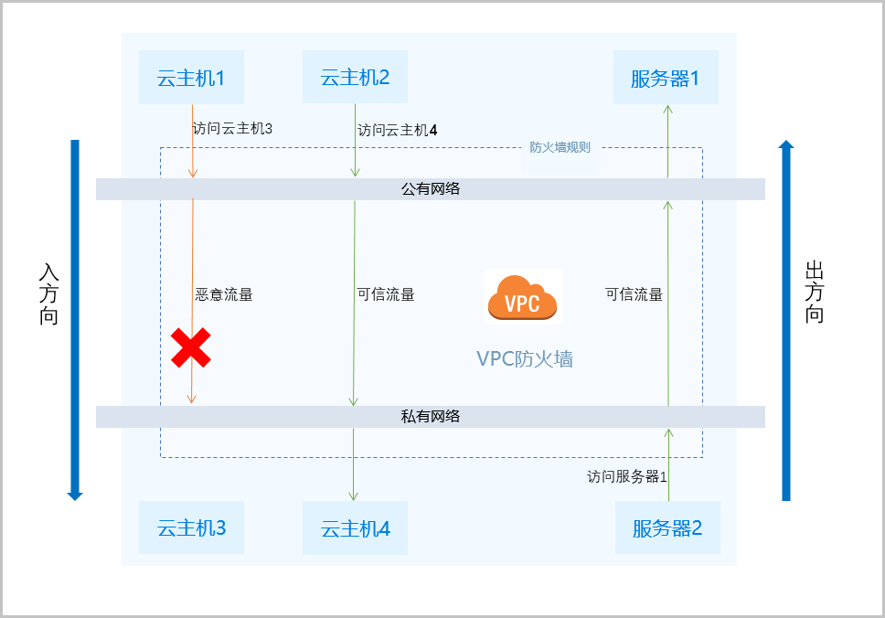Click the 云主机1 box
[191, 77]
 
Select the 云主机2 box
[355, 77]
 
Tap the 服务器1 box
[666, 78]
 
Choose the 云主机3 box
[191, 527]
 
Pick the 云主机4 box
[356, 528]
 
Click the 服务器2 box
[667, 527]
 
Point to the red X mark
[191, 347]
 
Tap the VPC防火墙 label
[525, 359]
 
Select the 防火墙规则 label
[560, 147]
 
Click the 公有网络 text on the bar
[430, 189]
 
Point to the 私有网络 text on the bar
[430, 417]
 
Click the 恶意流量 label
[224, 294]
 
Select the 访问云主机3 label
[233, 129]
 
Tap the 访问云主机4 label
[397, 130]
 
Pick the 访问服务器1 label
[627, 476]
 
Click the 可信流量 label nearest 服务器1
[634, 294]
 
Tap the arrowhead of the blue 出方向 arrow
[786, 144]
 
